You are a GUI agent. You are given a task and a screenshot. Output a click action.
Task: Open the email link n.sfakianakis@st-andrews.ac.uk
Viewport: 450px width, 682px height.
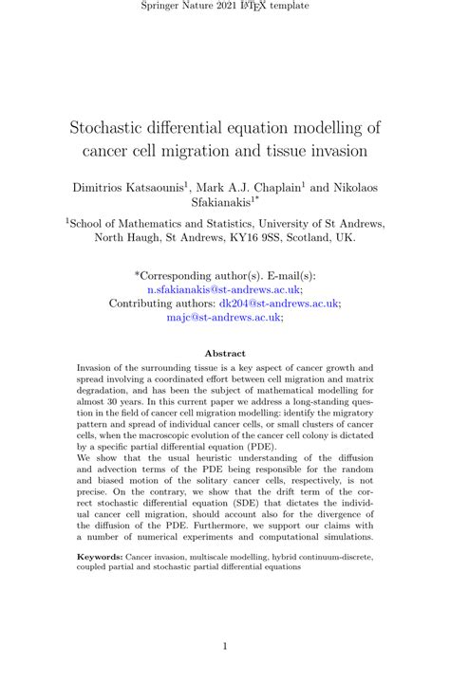coord(224,288)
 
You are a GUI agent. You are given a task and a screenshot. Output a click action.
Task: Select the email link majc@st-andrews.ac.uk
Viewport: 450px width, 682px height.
coord(224,318)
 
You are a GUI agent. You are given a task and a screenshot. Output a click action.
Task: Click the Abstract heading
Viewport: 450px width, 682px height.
coord(225,354)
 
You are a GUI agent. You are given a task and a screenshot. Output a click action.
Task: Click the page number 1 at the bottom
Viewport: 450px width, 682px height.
coord(225,647)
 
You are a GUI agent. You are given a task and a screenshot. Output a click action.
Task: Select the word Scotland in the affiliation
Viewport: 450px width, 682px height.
coord(309,237)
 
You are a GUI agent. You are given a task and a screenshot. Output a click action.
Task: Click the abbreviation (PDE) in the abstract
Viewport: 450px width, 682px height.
coord(263,444)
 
